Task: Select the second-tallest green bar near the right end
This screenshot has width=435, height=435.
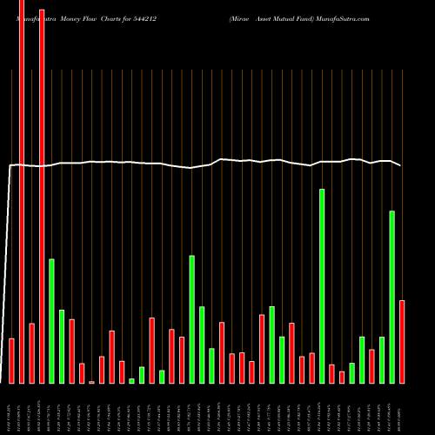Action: pos(392,296)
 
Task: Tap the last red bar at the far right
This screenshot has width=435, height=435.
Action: pos(402,341)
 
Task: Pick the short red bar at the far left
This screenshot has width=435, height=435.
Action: pos(11,360)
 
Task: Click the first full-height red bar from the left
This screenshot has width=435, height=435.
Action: pos(22,191)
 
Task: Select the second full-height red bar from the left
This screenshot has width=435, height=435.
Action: pos(42,191)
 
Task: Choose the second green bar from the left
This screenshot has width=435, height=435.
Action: pos(62,345)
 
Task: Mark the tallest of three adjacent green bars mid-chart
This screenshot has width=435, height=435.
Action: pos(192,318)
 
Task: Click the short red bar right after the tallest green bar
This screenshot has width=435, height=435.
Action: pos(331,373)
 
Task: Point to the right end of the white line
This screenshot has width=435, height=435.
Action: pos(400,165)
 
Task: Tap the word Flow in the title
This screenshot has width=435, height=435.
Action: pos(92,18)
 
